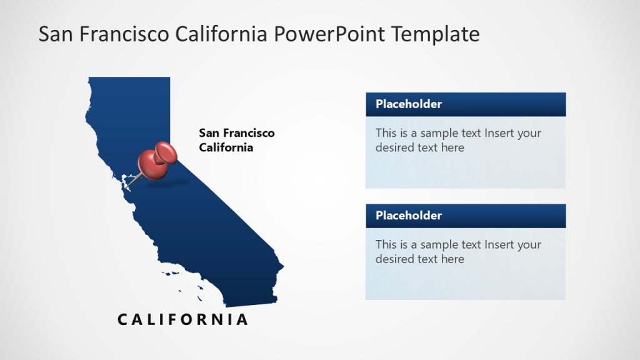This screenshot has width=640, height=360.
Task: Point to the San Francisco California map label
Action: point(236,140)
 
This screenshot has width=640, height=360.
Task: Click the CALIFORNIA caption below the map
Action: point(183,319)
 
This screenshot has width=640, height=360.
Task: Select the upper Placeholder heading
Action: point(409,104)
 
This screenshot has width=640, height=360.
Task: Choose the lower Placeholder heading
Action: point(409,216)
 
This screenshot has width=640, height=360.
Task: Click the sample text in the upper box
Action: point(458,140)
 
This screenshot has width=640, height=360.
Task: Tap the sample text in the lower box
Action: point(458,251)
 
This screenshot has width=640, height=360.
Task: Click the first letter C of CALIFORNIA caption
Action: point(122,319)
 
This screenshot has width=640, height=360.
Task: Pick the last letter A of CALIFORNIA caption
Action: point(242,319)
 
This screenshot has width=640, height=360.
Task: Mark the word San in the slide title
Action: point(52,34)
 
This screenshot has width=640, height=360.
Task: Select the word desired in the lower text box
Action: point(396,259)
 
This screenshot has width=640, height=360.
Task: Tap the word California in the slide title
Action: point(221,34)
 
